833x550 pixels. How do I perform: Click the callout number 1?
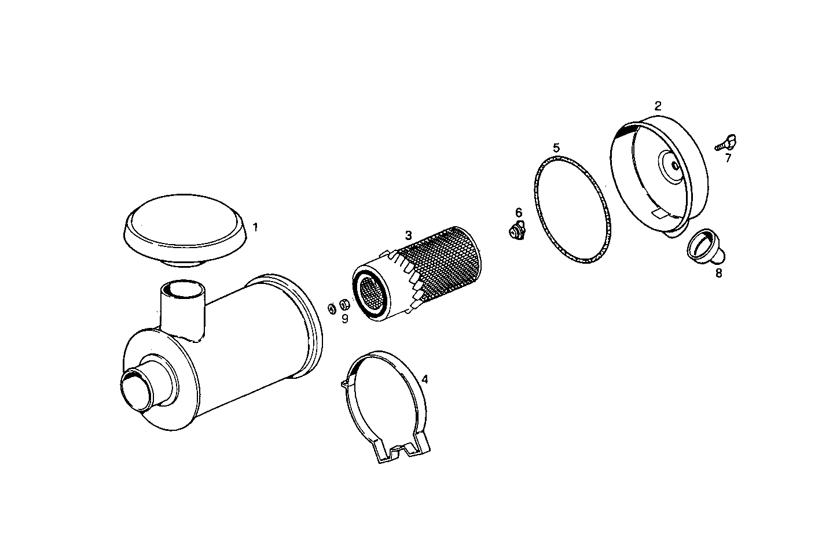coord(255,227)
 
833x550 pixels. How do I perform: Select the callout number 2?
coord(658,106)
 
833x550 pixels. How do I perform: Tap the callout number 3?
coord(408,235)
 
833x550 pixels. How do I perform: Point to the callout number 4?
coord(425,379)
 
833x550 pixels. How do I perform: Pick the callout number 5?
coord(556,147)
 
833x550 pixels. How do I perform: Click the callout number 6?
coord(519,213)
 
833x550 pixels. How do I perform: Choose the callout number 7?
coord(728,157)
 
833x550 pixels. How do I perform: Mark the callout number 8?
coord(718,273)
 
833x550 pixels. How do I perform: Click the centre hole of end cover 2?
coord(675,165)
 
